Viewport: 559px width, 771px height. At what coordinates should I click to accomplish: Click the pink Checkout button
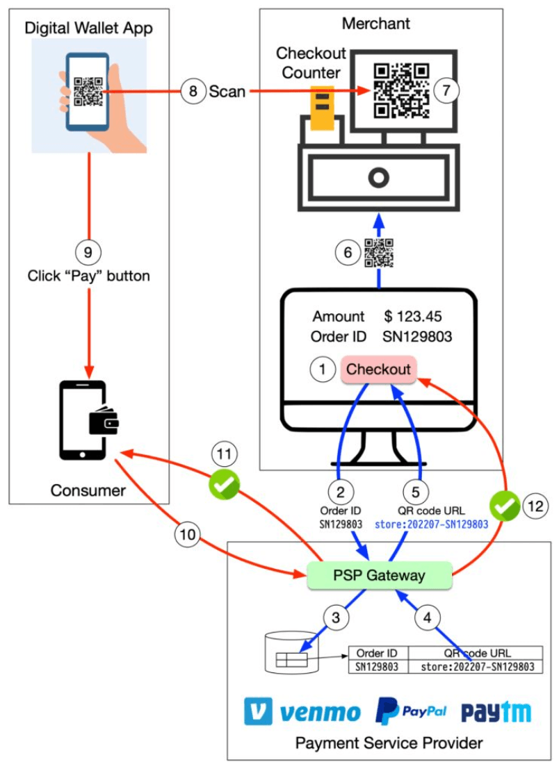click(x=379, y=369)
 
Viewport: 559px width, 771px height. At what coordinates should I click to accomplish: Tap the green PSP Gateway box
click(x=379, y=575)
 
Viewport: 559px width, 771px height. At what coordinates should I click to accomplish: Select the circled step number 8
click(x=193, y=91)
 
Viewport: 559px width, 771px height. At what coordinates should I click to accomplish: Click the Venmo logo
click(x=302, y=712)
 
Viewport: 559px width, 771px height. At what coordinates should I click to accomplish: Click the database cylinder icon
click(x=292, y=653)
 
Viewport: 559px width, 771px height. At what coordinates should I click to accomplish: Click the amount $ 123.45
click(x=413, y=317)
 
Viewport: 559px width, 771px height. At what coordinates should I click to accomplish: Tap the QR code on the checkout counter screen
click(x=401, y=90)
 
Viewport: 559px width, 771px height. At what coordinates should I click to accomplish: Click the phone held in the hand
click(x=87, y=92)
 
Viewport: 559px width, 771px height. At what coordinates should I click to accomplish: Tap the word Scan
click(x=227, y=91)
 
